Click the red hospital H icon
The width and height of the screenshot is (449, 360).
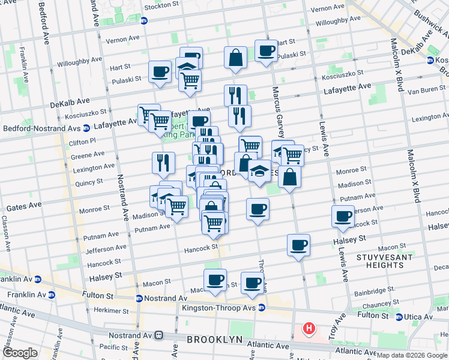[x=309, y=328]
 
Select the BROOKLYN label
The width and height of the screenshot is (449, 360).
[x=214, y=339]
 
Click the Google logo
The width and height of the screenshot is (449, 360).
[x=20, y=353]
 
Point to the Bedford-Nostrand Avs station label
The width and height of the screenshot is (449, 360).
[x=40, y=128]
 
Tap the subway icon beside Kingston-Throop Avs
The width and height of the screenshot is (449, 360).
[x=262, y=308]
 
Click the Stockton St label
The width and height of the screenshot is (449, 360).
[x=163, y=8]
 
